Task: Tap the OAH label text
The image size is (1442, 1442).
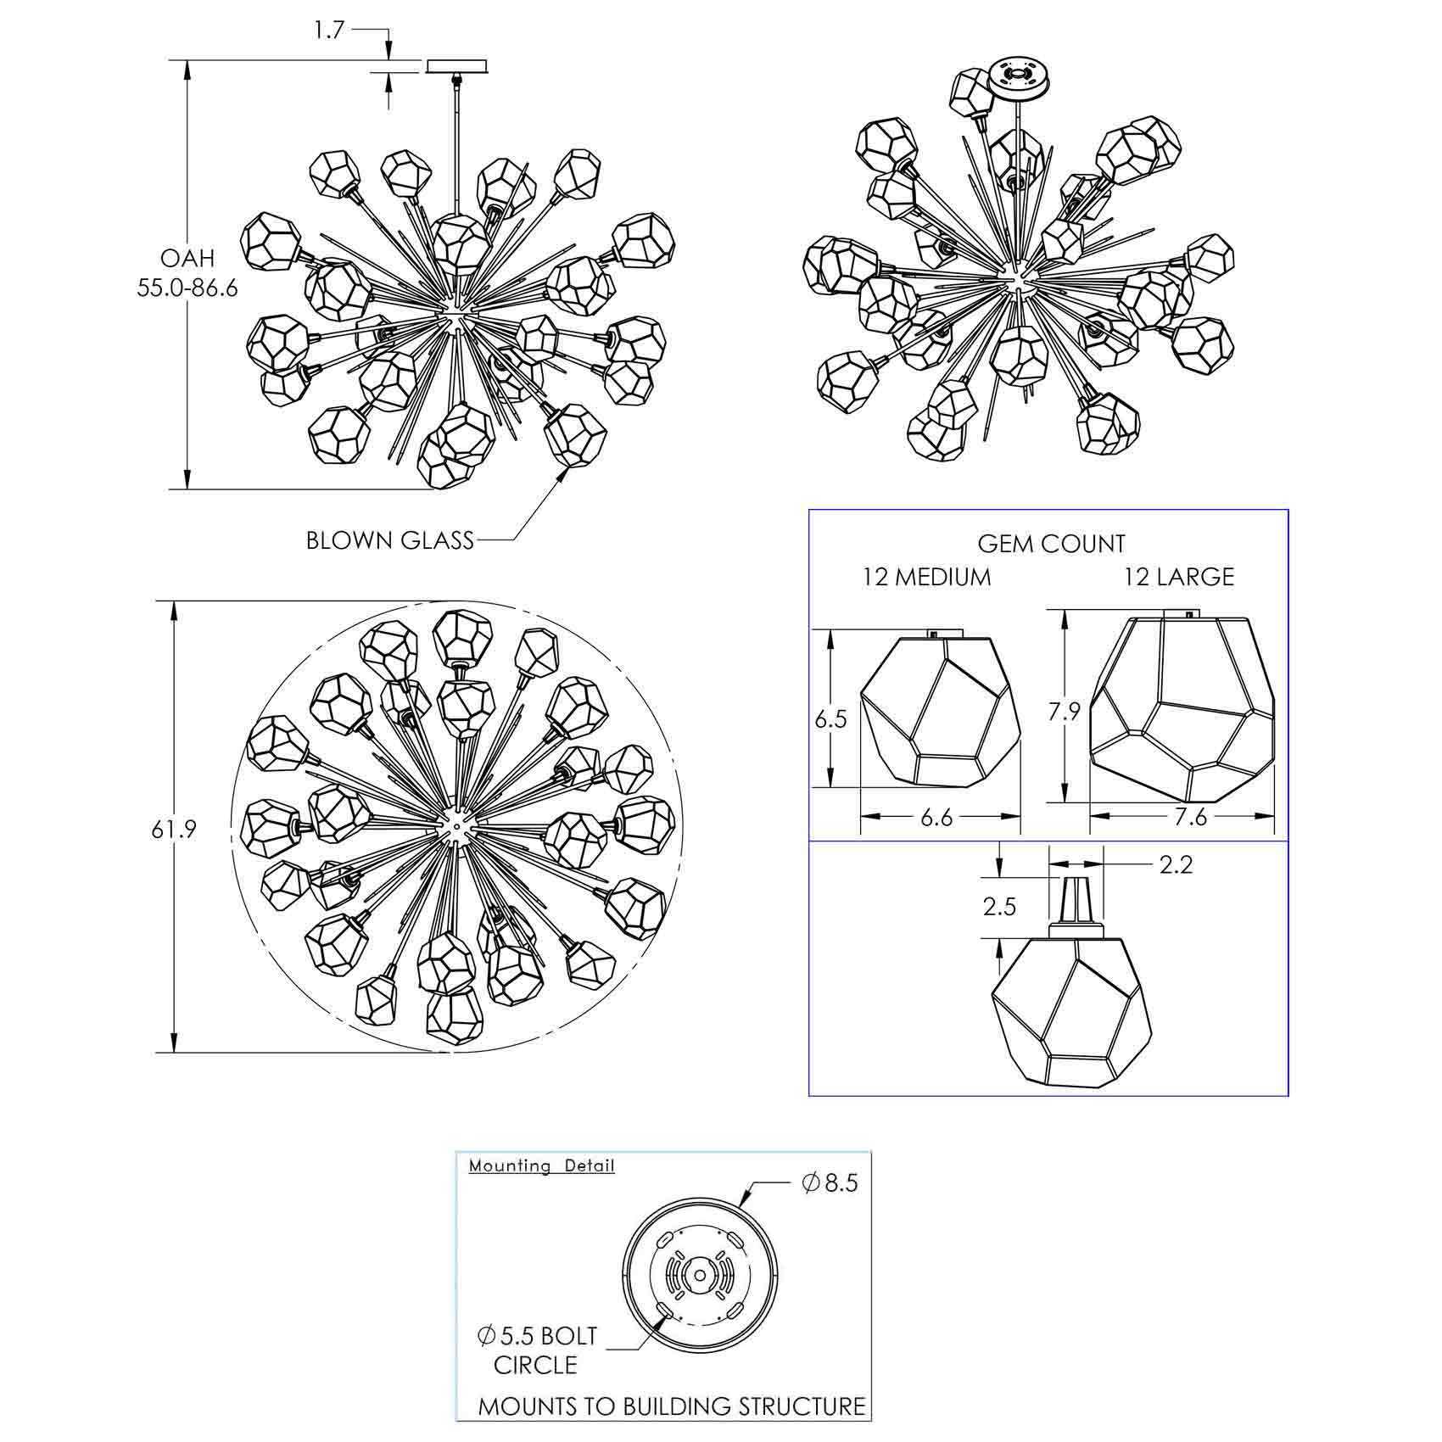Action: (187, 258)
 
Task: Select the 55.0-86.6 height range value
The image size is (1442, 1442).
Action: (187, 288)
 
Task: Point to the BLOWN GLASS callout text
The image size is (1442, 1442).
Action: (390, 540)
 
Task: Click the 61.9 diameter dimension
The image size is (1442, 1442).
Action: (174, 829)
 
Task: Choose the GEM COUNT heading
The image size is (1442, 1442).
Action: (1051, 544)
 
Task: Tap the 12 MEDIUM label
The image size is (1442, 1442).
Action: (926, 577)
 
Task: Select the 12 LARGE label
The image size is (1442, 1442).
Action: (1179, 577)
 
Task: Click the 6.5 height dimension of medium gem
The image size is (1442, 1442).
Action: (830, 719)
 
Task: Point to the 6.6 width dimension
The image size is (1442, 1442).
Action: (936, 817)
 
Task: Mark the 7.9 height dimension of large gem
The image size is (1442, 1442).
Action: (1063, 711)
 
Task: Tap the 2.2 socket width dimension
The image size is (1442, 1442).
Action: (1176, 864)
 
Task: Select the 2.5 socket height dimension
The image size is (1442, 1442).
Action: (999, 907)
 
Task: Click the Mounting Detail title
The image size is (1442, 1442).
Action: (542, 1165)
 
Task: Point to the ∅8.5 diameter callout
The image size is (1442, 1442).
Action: (830, 1182)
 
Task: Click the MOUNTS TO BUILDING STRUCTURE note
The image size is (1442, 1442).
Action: (672, 1406)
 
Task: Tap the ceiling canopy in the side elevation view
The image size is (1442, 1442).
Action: (456, 66)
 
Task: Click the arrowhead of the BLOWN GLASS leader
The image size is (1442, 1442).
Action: (562, 474)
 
